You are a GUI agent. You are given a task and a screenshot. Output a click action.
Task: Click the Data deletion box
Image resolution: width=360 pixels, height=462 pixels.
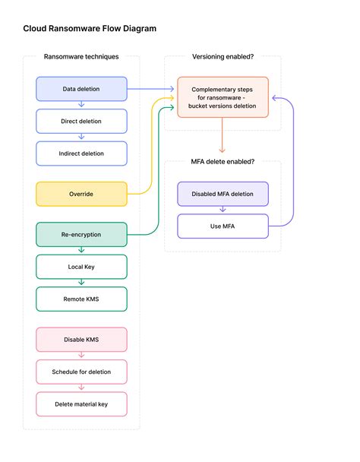(81, 89)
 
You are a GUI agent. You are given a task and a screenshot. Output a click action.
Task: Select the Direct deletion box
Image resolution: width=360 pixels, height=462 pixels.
(81, 121)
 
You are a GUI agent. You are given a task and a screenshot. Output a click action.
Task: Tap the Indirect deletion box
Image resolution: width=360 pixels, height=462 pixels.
(81, 153)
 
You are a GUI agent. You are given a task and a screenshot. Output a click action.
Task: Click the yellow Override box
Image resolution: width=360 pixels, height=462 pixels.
(81, 194)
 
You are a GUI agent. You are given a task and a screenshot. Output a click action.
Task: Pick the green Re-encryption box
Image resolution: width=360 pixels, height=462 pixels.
(81, 235)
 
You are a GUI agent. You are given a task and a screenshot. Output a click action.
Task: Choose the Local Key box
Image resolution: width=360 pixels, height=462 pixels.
(81, 267)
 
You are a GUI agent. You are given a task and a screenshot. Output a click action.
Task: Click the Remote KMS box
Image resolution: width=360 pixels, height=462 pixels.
(81, 299)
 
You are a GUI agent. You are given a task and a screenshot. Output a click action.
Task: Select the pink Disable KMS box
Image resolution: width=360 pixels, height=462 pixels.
(81, 340)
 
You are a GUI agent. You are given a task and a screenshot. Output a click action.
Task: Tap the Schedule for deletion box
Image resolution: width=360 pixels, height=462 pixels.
(81, 372)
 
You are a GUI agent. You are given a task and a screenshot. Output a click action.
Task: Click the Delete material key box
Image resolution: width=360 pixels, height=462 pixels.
(81, 404)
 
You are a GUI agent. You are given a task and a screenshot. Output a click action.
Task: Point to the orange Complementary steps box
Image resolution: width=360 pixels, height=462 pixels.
(223, 97)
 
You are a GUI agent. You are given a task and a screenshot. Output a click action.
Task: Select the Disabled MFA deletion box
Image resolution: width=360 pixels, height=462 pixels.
(223, 194)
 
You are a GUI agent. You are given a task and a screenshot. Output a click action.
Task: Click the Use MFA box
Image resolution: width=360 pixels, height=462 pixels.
(223, 226)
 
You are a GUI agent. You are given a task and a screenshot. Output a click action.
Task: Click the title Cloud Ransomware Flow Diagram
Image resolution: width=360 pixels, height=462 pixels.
(90, 29)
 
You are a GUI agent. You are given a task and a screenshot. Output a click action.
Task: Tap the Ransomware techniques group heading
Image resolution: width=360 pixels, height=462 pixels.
(81, 56)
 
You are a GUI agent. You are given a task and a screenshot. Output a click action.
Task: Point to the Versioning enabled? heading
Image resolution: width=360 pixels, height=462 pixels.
(223, 56)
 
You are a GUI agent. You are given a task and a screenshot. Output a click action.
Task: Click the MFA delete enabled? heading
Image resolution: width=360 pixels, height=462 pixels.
(223, 161)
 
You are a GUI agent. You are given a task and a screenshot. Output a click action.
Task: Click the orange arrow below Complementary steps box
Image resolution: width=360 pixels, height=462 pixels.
(222, 135)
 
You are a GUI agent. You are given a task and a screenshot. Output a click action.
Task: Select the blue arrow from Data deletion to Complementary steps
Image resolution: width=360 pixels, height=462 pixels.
(150, 89)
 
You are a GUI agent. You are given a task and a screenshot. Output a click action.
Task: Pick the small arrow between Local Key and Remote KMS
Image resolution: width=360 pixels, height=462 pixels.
(81, 282)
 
